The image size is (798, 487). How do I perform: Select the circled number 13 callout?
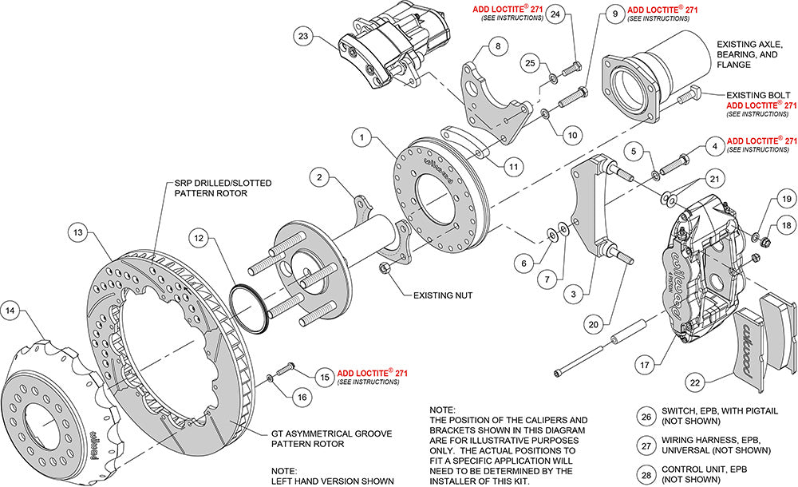coord(77,232)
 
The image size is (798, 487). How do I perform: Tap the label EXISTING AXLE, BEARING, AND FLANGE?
coord(749,54)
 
